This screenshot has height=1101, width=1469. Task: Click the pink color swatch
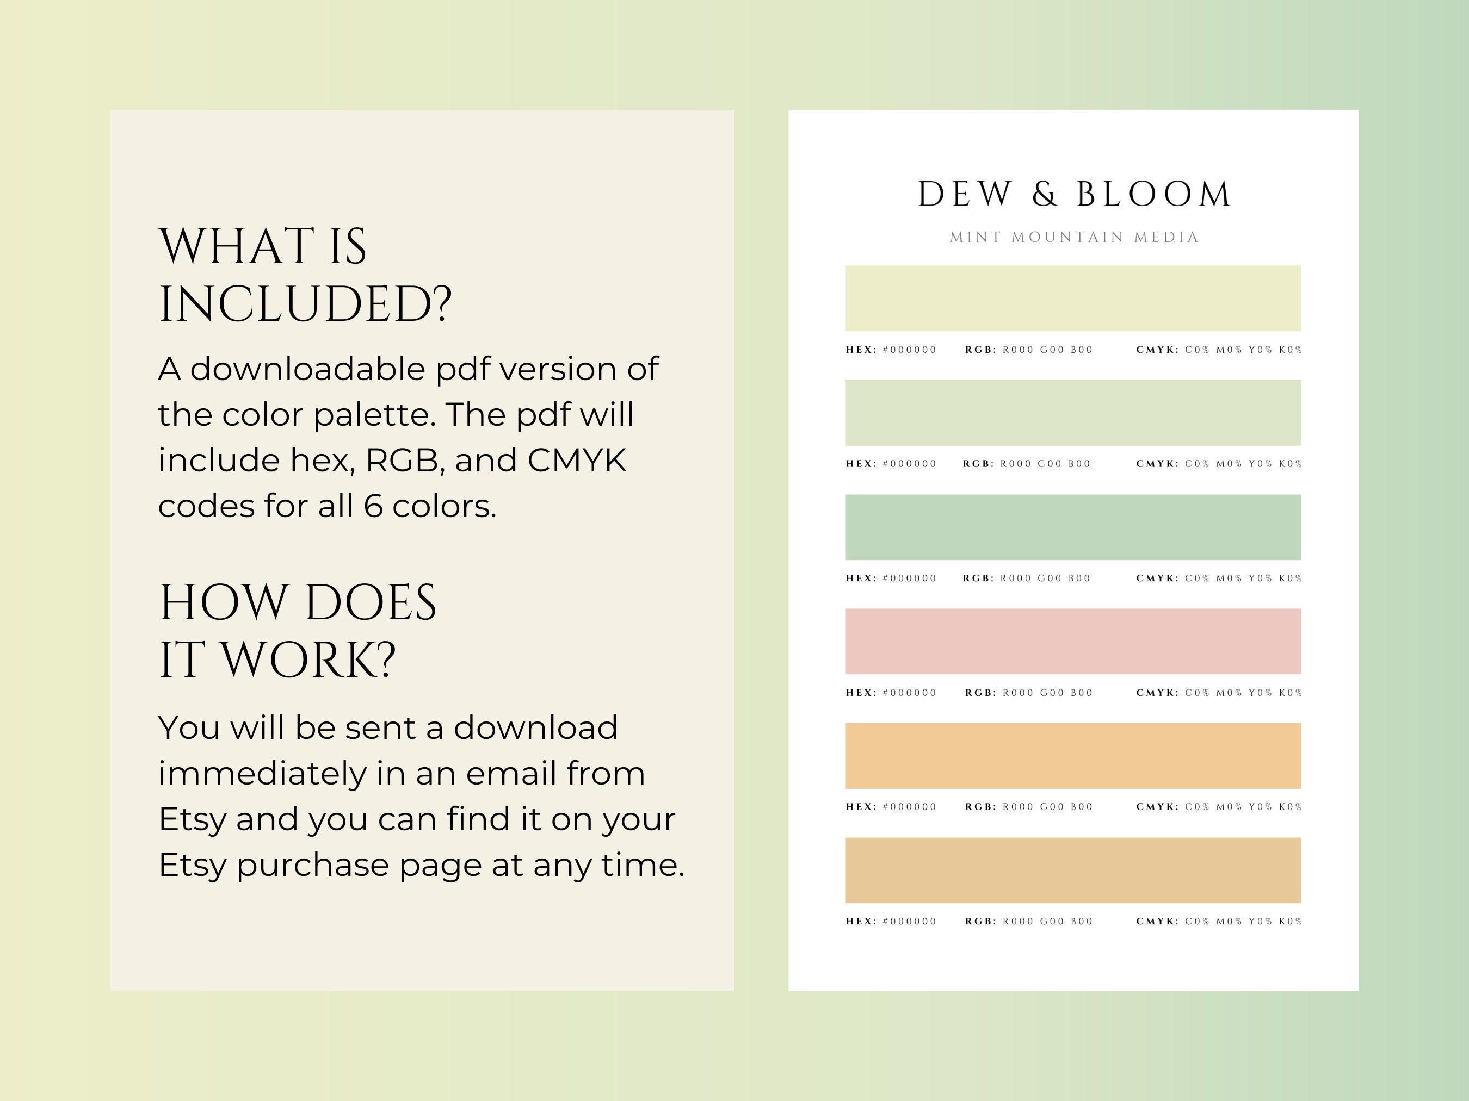click(x=1072, y=641)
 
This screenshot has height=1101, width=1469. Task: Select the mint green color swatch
click(x=1072, y=527)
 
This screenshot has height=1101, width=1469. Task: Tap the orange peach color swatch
click(x=1072, y=755)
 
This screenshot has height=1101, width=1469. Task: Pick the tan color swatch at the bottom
click(x=1072, y=870)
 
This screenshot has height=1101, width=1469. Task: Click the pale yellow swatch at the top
click(x=1072, y=298)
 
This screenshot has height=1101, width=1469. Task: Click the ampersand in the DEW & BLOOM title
click(x=1045, y=195)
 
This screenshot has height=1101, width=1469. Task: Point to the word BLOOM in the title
click(x=1153, y=195)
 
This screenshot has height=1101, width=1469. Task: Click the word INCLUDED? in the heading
click(x=305, y=304)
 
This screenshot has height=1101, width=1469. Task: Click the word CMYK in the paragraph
click(x=576, y=460)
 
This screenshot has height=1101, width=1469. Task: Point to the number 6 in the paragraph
click(x=373, y=506)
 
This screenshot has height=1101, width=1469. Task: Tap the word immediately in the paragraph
click(x=262, y=773)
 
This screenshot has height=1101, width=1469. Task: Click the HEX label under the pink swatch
click(x=861, y=693)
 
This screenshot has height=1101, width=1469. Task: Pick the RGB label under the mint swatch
click(x=978, y=578)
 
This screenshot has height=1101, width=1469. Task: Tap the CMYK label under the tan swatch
click(x=1157, y=921)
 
